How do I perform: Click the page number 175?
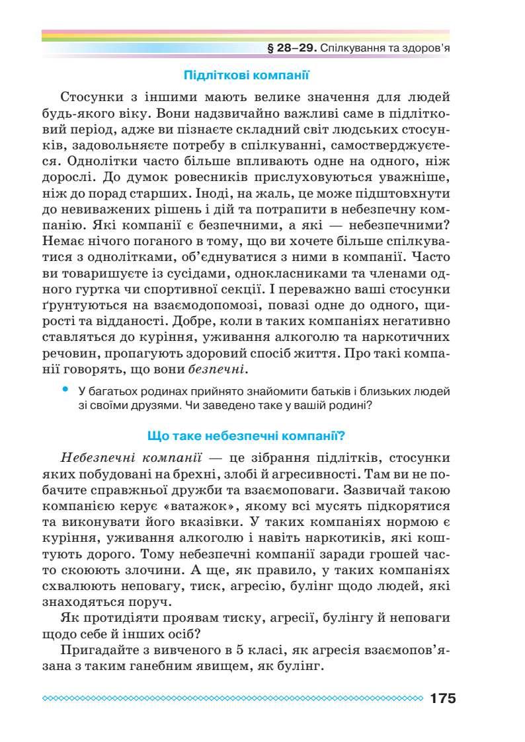442,698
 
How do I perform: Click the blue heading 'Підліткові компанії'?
246,75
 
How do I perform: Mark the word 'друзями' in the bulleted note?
145,405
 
